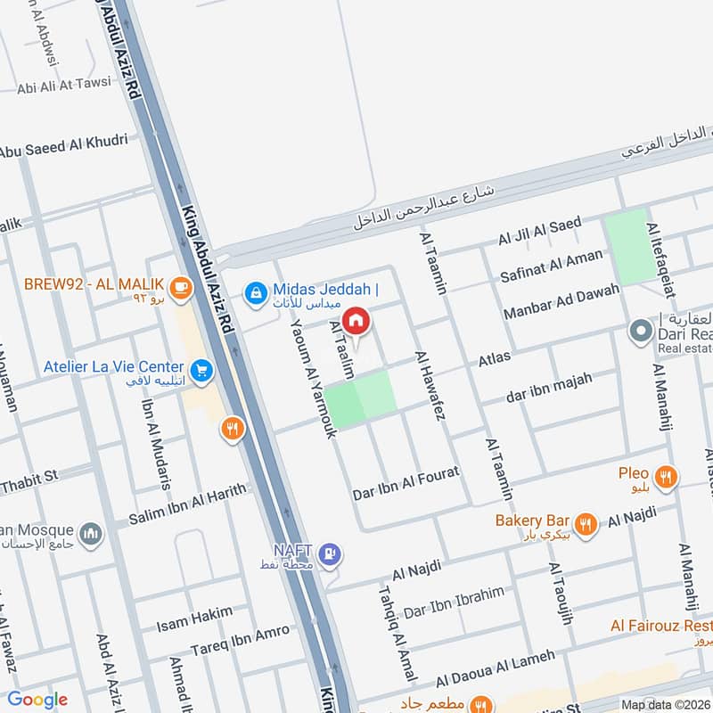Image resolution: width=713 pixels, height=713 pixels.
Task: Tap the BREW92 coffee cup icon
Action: (x=181, y=286)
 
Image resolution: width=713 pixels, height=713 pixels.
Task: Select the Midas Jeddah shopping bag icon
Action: (x=255, y=291)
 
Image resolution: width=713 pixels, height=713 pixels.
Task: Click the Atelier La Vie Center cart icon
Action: (x=201, y=368)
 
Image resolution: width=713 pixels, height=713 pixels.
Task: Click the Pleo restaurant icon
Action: (x=665, y=479)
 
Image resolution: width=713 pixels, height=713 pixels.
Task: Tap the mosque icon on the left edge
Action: (x=89, y=534)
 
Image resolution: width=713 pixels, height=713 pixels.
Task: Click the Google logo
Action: (x=37, y=700)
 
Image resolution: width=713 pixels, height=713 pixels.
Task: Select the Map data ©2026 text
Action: (x=664, y=704)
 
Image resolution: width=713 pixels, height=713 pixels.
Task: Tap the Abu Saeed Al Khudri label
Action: (x=64, y=144)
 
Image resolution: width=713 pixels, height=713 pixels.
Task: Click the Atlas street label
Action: (x=495, y=358)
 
